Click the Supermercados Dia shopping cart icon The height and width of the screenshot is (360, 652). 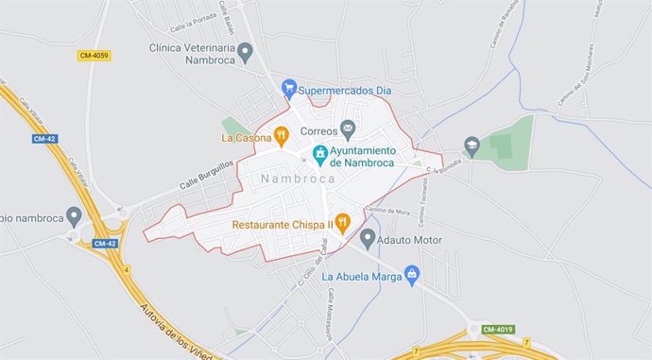[289, 89]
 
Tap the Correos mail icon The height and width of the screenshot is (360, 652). [348, 129]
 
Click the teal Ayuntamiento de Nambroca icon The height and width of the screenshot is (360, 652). [320, 153]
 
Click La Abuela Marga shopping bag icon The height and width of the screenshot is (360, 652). [411, 275]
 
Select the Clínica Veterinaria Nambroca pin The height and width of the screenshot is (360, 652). [246, 52]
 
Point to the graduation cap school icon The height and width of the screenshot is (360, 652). [472, 146]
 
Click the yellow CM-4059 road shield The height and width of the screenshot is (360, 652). [94, 56]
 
